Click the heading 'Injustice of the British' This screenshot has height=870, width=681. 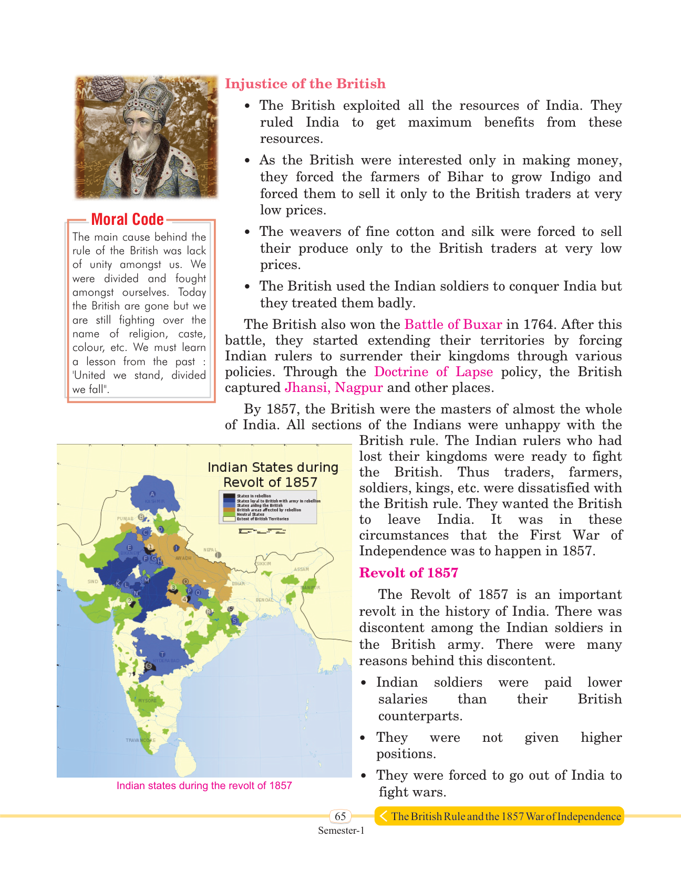click(x=305, y=84)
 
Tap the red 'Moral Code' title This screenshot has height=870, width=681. click(x=127, y=220)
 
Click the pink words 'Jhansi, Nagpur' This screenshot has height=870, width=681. click(x=334, y=388)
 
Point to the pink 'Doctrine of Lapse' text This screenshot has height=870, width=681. click(x=433, y=372)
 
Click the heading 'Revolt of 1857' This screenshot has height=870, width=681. click(x=408, y=573)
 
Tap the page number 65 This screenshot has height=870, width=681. click(x=340, y=816)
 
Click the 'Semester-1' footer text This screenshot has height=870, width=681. click(x=340, y=831)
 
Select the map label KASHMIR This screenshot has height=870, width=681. click(x=155, y=501)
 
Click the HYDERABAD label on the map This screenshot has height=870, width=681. click(x=166, y=660)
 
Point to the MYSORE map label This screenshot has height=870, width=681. click(x=148, y=701)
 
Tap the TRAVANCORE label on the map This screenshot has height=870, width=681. click(x=140, y=740)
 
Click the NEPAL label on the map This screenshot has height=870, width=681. click(x=210, y=550)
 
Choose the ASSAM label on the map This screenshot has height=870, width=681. click(x=302, y=569)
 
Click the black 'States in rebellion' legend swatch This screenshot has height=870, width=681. click(x=229, y=496)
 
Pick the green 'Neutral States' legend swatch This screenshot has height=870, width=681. click(x=229, y=514)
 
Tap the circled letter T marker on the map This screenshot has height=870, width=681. click(x=162, y=654)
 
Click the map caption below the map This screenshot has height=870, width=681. click(x=204, y=785)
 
